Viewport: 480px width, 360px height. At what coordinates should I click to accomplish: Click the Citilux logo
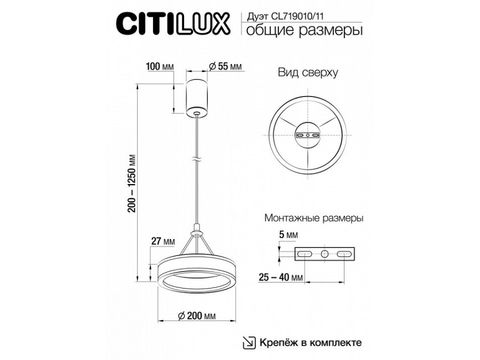173,24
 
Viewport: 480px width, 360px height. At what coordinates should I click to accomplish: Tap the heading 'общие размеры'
302,30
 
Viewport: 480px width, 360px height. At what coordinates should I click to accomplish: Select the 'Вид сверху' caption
308,73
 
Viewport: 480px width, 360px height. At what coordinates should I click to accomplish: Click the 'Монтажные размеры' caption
314,219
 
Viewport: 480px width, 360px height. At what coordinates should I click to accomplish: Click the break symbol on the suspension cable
197,159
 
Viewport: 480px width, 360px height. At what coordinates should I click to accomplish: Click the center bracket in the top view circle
308,135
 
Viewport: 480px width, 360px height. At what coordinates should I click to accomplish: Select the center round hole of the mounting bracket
323,254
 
